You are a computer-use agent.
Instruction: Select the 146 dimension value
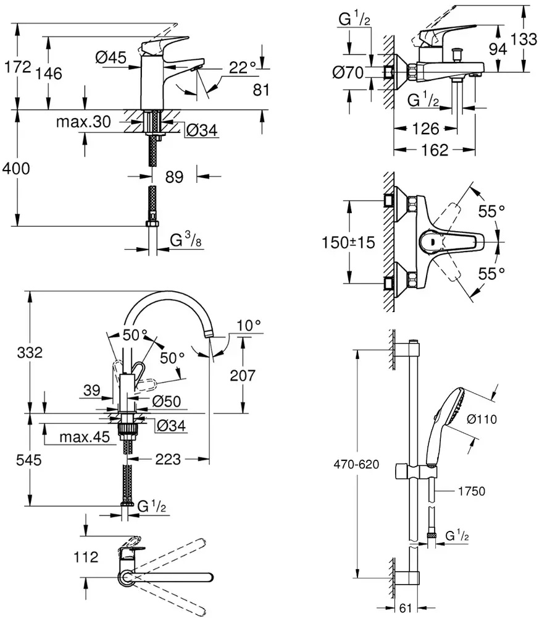(49, 74)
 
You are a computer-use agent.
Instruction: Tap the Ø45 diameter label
(110, 57)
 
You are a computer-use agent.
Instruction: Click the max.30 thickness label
(83, 122)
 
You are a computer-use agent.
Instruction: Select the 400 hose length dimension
(17, 168)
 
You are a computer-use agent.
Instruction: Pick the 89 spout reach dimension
(175, 177)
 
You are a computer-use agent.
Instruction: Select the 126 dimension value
(425, 129)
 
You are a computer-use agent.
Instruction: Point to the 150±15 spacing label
(350, 242)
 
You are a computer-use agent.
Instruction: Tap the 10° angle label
(249, 324)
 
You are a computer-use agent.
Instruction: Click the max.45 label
(84, 438)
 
